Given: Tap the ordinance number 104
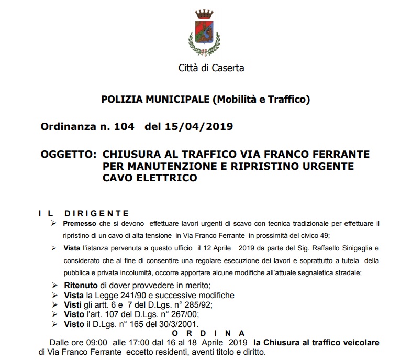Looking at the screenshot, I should click(126, 126).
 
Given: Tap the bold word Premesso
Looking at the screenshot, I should click(80, 224).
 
